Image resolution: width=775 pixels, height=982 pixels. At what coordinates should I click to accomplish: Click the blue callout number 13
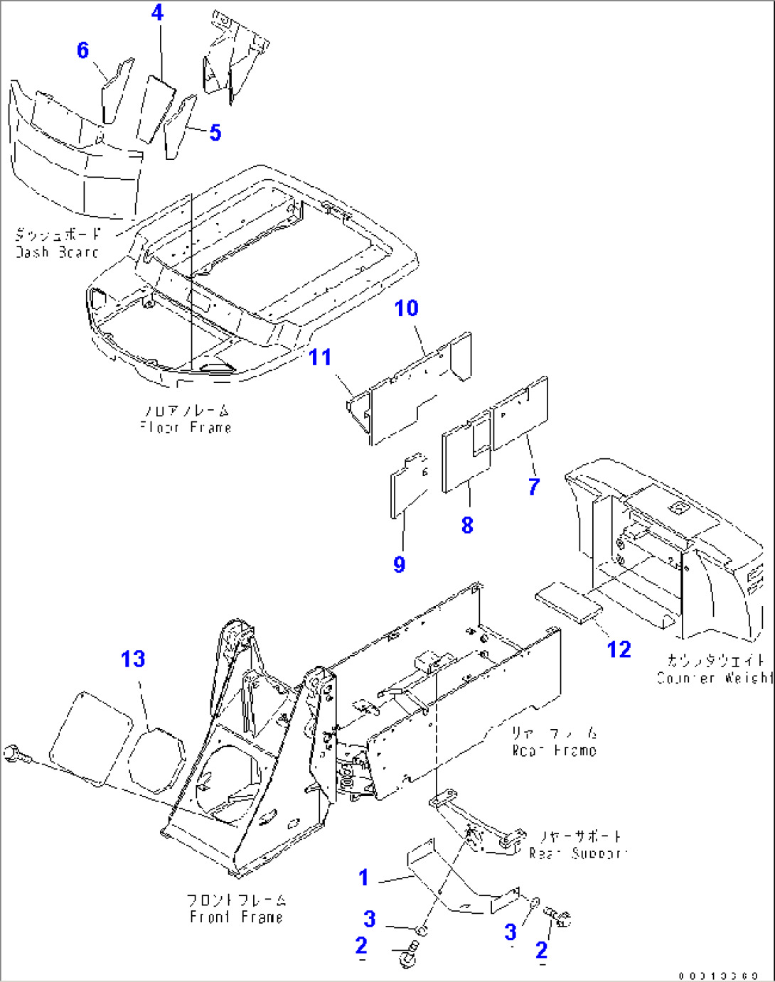(133, 659)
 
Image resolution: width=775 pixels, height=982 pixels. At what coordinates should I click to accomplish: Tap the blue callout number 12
(619, 649)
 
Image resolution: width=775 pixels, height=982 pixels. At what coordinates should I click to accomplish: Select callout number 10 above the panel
(407, 308)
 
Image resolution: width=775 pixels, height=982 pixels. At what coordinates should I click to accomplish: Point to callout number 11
(320, 357)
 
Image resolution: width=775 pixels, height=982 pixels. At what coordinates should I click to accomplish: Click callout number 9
(400, 564)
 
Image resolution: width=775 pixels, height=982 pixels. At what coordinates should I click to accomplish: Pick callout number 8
(467, 525)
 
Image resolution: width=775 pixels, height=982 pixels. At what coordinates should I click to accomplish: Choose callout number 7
(534, 487)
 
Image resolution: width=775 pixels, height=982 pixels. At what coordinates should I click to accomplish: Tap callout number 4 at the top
(157, 13)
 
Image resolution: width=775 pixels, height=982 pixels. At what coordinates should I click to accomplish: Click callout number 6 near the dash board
(83, 50)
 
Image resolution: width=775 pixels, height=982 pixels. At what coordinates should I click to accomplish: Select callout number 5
(215, 133)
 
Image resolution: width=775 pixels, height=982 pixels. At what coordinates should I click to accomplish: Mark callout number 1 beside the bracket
(363, 878)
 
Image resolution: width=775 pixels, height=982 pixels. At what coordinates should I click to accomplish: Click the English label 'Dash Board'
(57, 252)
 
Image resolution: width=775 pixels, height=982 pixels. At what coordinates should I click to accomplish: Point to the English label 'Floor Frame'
(186, 427)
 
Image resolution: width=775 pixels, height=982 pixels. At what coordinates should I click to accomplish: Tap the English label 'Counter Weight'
(714, 678)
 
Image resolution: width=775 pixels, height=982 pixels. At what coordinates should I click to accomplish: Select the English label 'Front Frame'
(236, 917)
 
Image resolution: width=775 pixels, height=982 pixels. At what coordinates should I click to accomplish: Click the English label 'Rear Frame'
(555, 750)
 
